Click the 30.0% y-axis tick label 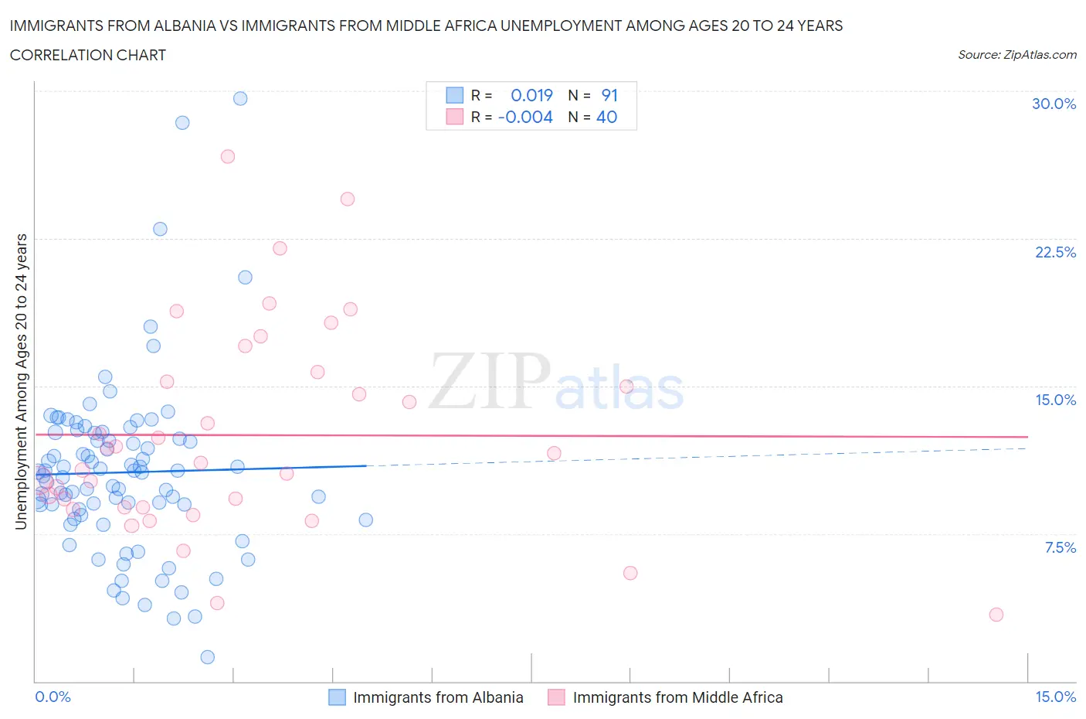tap(1054, 104)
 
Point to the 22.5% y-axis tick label tap(1055, 252)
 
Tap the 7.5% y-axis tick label tap(1060, 547)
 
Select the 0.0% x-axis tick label tap(53, 697)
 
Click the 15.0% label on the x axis tap(1055, 697)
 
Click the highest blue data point tap(240, 98)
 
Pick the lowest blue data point tap(208, 657)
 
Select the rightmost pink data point tap(996, 615)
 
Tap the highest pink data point tap(228, 156)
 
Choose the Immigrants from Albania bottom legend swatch tap(337, 697)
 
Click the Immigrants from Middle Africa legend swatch tap(556, 697)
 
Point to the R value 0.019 tap(531, 95)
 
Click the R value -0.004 tap(525, 117)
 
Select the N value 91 tap(609, 95)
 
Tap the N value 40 tap(607, 117)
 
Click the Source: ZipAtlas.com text tap(1016, 55)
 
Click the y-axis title tap(21, 382)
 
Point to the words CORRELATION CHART tap(88, 55)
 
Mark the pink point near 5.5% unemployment tap(630, 573)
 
